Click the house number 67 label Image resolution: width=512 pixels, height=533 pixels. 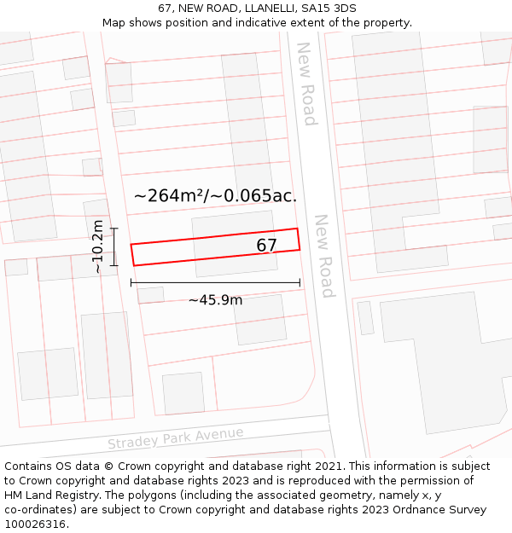[x=267, y=246]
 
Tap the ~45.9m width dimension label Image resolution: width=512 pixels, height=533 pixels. [x=215, y=299]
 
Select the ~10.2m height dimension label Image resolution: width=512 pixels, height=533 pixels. [x=98, y=246]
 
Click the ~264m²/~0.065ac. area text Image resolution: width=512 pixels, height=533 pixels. [x=215, y=195]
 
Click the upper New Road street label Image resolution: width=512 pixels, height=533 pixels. [x=305, y=84]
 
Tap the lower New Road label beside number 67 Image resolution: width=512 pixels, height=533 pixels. [x=324, y=255]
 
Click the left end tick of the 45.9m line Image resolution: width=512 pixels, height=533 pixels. [x=131, y=282]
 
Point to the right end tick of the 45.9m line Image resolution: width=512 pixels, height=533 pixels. [x=300, y=282]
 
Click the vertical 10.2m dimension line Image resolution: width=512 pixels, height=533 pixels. [x=113, y=246]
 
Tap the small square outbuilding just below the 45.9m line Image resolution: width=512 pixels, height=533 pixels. [x=151, y=295]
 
